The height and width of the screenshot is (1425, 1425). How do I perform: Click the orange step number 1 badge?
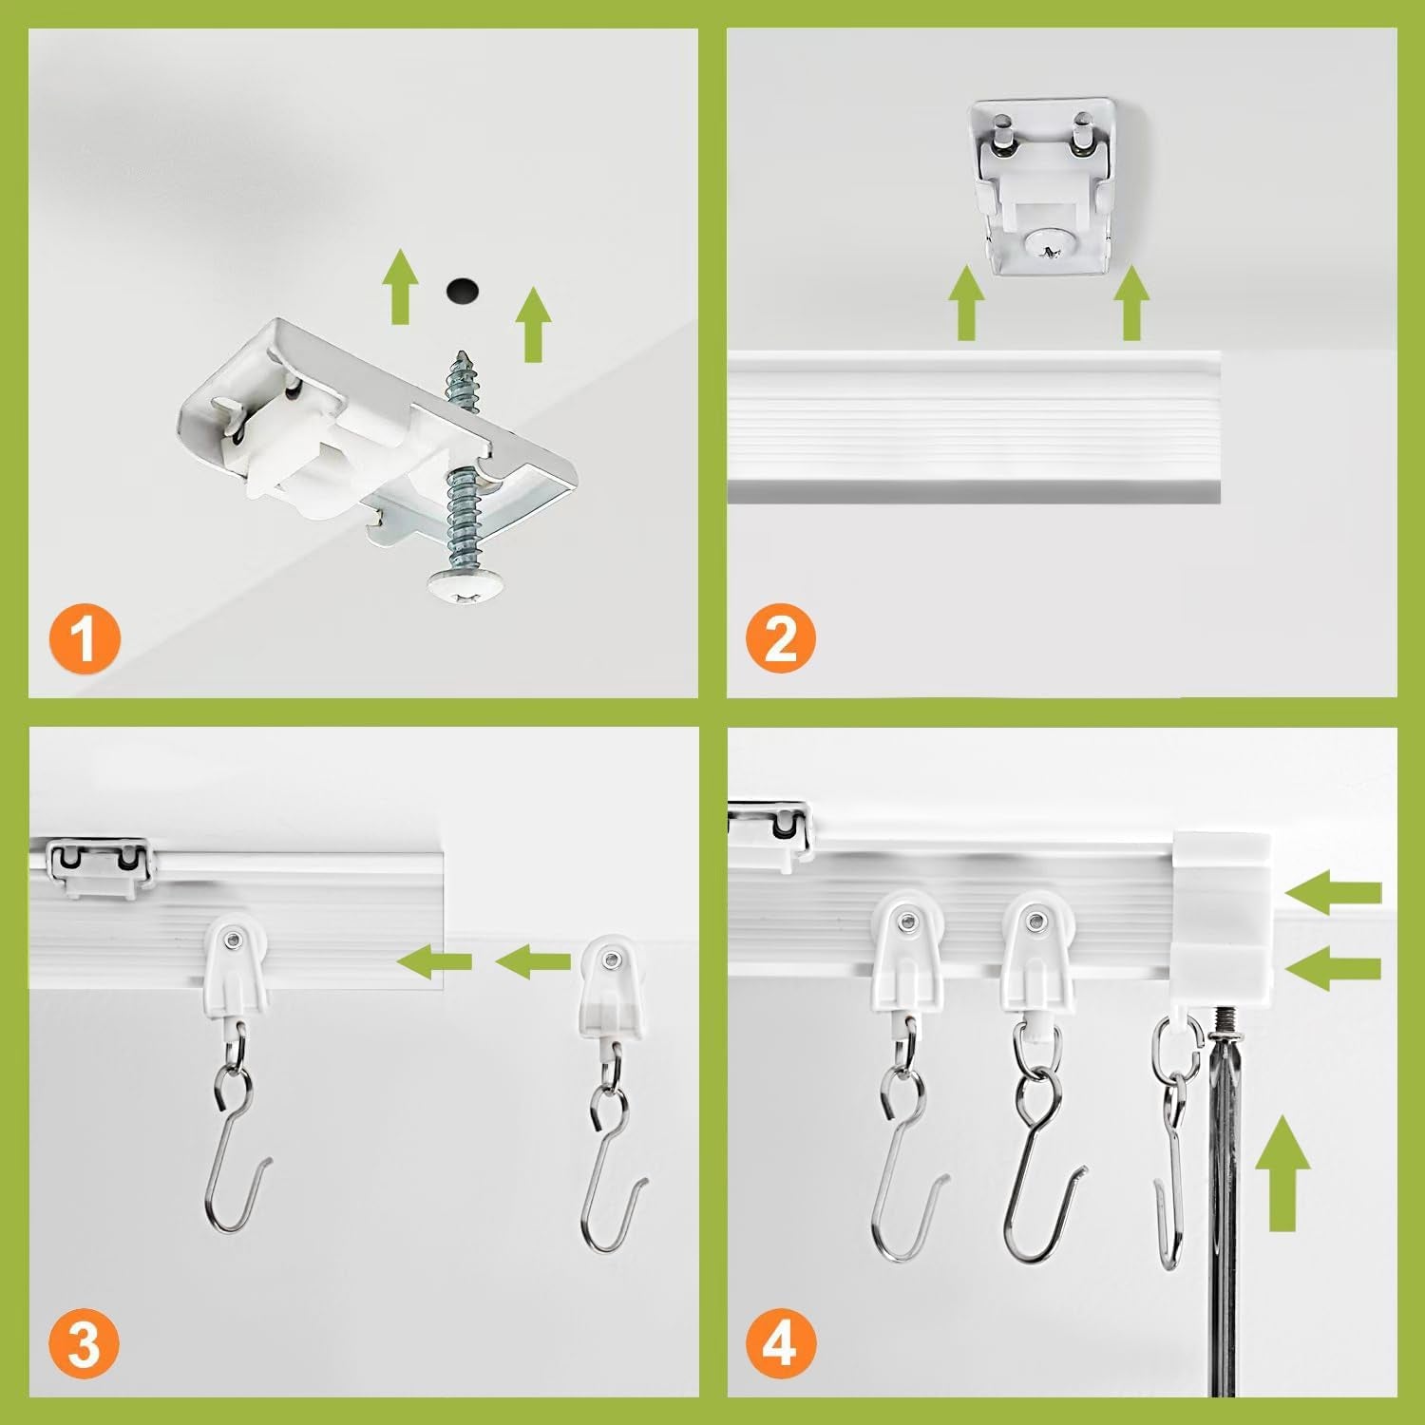[84, 639]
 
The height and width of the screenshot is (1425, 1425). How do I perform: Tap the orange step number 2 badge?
[780, 639]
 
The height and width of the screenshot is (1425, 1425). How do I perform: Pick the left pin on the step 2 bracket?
[1001, 134]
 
